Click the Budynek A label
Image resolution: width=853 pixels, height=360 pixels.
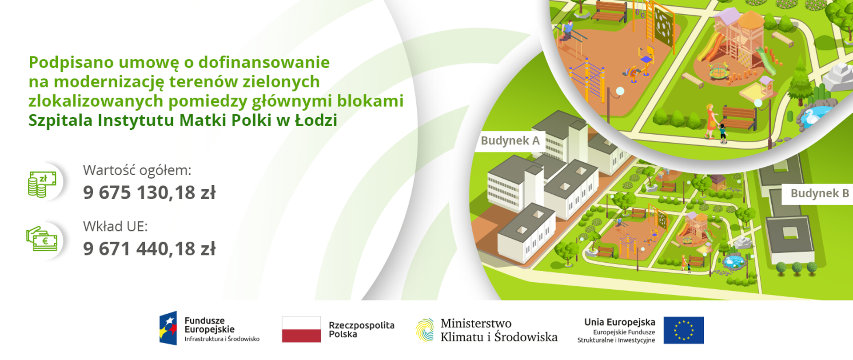click(510, 141)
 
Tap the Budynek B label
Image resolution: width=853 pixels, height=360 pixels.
click(819, 194)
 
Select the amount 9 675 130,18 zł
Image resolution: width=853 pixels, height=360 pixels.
click(149, 193)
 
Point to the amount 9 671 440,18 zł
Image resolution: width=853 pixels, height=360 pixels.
click(149, 249)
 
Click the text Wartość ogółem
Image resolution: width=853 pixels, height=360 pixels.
click(137, 170)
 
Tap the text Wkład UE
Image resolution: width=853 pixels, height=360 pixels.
click(115, 227)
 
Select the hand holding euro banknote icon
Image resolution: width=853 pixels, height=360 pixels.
click(42, 239)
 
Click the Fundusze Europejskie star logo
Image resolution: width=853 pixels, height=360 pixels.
click(168, 328)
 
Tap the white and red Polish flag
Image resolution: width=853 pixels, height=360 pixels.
click(301, 329)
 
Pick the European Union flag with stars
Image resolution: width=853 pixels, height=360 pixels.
click(683, 330)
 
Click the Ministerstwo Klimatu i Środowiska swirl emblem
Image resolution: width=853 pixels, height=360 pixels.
click(425, 330)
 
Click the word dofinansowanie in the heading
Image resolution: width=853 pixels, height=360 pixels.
click(264, 63)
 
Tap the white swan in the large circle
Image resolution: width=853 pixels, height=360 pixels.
click(812, 116)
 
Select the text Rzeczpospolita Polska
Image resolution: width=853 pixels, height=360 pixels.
click(361, 330)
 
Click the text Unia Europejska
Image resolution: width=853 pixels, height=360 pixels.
click(619, 322)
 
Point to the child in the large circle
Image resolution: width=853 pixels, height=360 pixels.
click(723, 133)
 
